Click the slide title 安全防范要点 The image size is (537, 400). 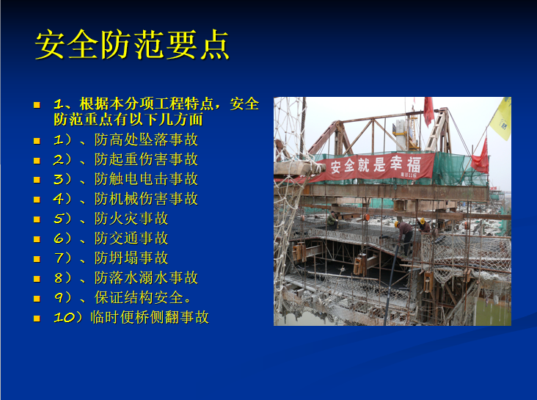(132, 46)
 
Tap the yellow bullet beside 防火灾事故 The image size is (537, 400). (36, 219)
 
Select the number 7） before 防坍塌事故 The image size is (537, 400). (67, 258)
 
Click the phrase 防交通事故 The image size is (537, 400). (131, 239)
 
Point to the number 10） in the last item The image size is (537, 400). (70, 318)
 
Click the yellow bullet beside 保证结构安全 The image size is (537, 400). (36, 298)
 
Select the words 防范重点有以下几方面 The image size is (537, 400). (128, 120)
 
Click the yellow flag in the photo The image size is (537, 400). (502, 118)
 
